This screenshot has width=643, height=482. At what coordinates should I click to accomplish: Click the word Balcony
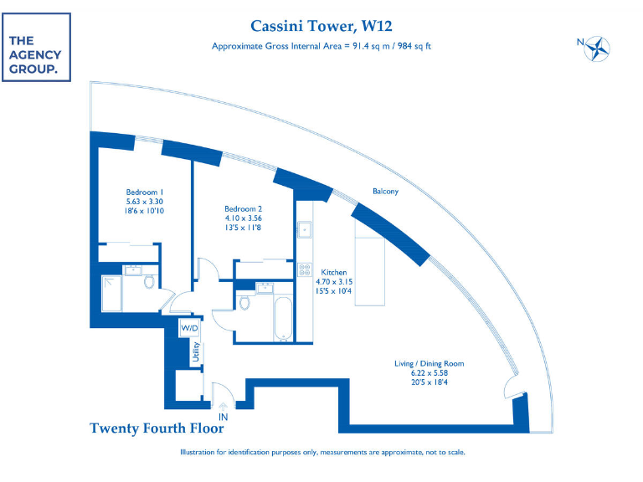coord(385,192)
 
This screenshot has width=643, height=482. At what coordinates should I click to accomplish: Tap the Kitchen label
coord(334,272)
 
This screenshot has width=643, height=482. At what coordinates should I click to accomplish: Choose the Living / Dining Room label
coord(429,364)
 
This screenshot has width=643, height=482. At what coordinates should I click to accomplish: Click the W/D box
coord(190,329)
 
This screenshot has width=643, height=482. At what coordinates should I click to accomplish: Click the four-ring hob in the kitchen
coord(303,271)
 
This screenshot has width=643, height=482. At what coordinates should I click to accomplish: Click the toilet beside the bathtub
coord(245,303)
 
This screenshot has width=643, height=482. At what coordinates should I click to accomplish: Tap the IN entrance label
coord(223,415)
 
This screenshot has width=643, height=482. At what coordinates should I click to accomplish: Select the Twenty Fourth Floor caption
coord(157,428)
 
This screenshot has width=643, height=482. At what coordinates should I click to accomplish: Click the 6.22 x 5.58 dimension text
coord(429,374)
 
